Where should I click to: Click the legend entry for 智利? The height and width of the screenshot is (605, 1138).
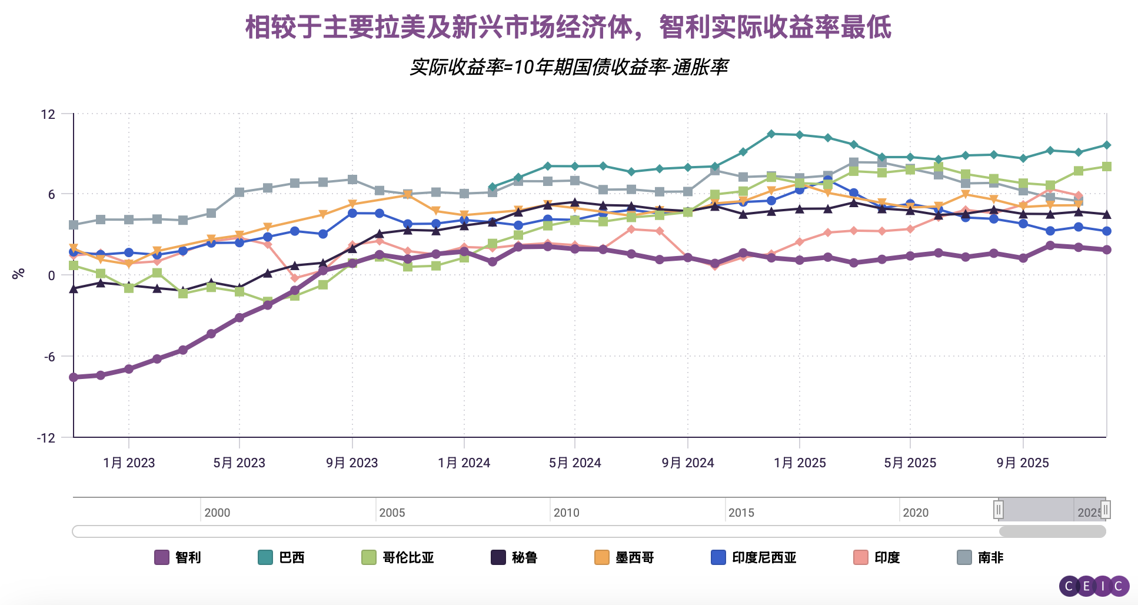[178, 557]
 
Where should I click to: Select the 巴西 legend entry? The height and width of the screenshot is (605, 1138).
[281, 557]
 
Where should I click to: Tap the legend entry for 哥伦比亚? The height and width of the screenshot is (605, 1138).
[398, 557]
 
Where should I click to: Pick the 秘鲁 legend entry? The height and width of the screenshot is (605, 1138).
[514, 557]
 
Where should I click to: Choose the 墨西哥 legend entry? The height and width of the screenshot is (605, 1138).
[624, 557]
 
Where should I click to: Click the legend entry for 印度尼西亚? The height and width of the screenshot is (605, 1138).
[754, 557]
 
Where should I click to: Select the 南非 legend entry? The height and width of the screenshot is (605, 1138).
[980, 557]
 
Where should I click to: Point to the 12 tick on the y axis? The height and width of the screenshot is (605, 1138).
[48, 114]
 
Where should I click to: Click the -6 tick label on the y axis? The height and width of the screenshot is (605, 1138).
[49, 357]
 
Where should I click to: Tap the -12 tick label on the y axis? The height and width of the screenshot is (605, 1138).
[46, 438]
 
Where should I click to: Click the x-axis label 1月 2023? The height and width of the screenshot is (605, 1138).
[129, 463]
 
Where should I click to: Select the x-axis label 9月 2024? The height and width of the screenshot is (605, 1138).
[688, 463]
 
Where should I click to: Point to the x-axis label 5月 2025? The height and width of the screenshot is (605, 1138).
[910, 463]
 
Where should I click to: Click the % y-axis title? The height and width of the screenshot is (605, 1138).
[19, 274]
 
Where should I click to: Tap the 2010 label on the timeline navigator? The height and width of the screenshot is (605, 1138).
[566, 513]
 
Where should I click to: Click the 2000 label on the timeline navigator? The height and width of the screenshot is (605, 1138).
[217, 513]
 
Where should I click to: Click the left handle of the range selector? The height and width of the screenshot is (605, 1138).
[999, 510]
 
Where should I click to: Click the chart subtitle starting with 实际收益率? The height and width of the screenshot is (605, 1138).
[568, 67]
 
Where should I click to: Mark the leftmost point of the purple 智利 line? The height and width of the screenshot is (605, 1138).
[74, 377]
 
